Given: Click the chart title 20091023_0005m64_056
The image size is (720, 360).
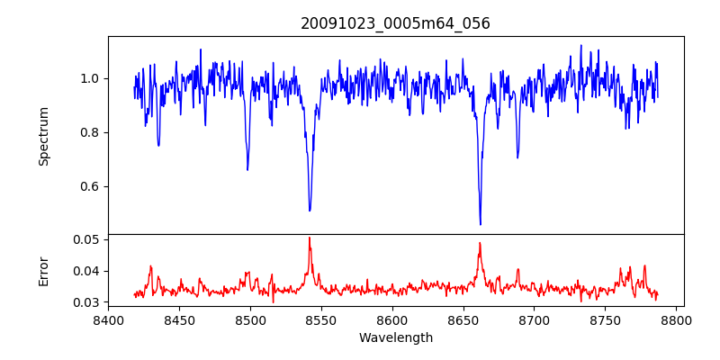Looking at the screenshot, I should (x=395, y=23).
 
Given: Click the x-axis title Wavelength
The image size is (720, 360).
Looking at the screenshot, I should (x=395, y=338).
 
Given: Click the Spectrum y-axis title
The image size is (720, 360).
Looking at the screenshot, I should (x=44, y=136).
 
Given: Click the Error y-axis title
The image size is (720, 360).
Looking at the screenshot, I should (x=44, y=270).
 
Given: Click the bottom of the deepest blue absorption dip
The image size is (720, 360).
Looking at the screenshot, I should (x=480, y=224).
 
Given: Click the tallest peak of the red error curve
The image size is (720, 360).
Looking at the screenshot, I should (x=309, y=238).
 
